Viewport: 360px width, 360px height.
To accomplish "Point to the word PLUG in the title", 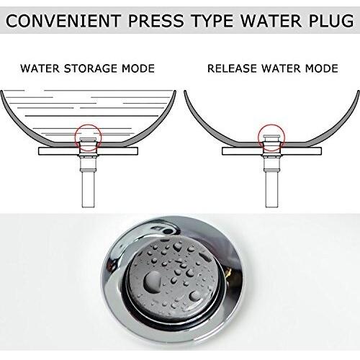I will pos(328,23).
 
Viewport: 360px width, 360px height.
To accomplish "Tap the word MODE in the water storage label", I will pos(139,70).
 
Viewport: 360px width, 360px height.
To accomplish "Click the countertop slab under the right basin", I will pos(310,152).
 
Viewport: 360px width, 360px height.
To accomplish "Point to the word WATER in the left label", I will pos(39,70).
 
